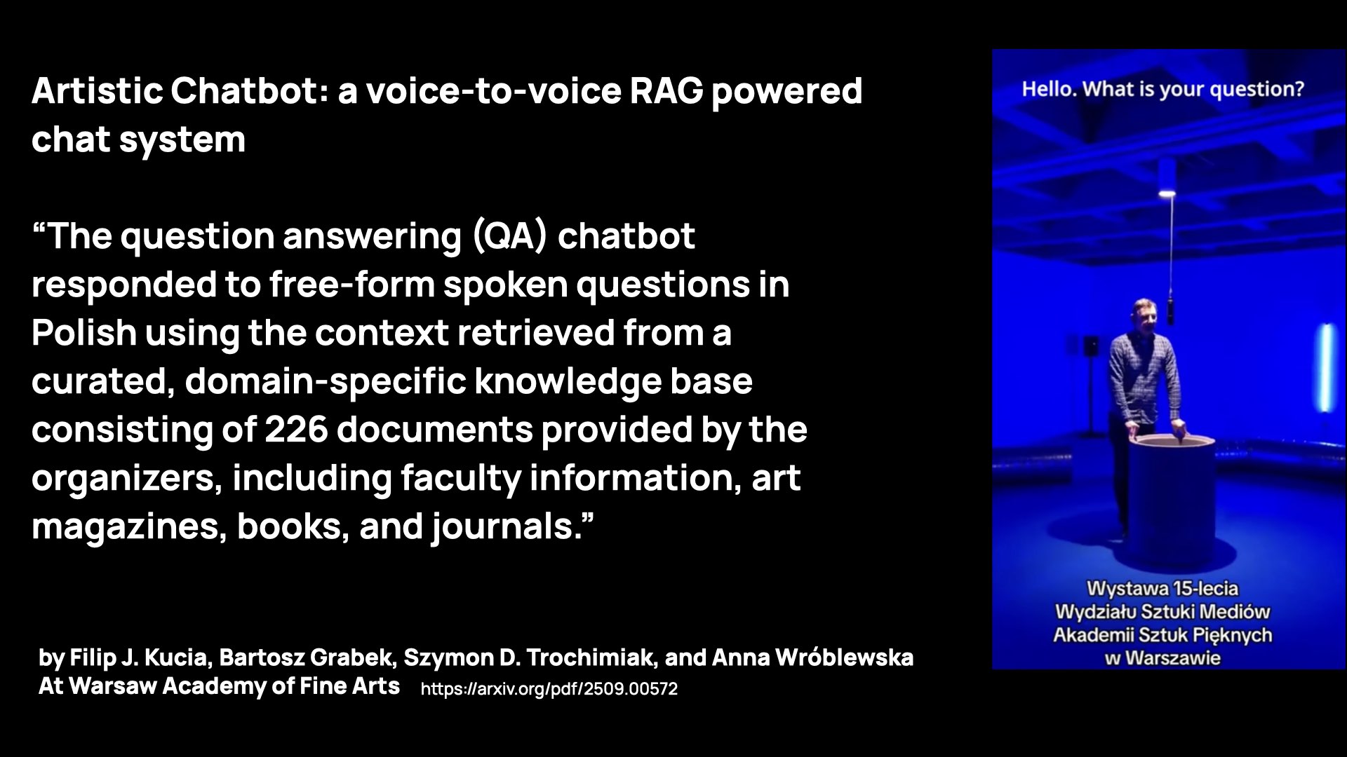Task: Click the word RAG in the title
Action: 666,91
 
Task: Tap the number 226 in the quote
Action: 295,430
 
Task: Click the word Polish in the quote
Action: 83,333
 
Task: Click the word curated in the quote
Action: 102,381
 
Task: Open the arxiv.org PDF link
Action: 549,689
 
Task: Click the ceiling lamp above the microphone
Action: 1167,193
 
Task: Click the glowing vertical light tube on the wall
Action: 1326,367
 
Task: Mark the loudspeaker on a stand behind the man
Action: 1092,346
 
